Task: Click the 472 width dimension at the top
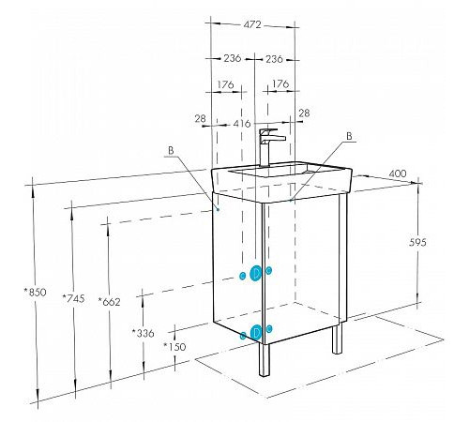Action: click(252, 24)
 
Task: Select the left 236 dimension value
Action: click(232, 58)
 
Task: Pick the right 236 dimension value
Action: click(274, 59)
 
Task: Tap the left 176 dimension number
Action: click(225, 84)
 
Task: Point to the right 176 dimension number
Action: click(280, 83)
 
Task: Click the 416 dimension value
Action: click(242, 124)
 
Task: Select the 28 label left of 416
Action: click(201, 118)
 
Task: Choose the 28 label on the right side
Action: click(304, 113)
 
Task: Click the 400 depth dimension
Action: click(398, 173)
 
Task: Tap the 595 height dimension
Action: click(417, 242)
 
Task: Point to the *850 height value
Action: click(36, 293)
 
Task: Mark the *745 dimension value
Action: click(73, 298)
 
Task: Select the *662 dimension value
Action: click(109, 302)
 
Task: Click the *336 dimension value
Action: click(143, 333)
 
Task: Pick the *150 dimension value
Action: click(174, 346)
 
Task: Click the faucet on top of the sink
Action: click(269, 147)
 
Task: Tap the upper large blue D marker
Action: click(255, 274)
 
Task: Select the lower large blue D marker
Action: click(256, 332)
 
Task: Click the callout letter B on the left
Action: click(171, 150)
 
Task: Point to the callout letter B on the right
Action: click(349, 136)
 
